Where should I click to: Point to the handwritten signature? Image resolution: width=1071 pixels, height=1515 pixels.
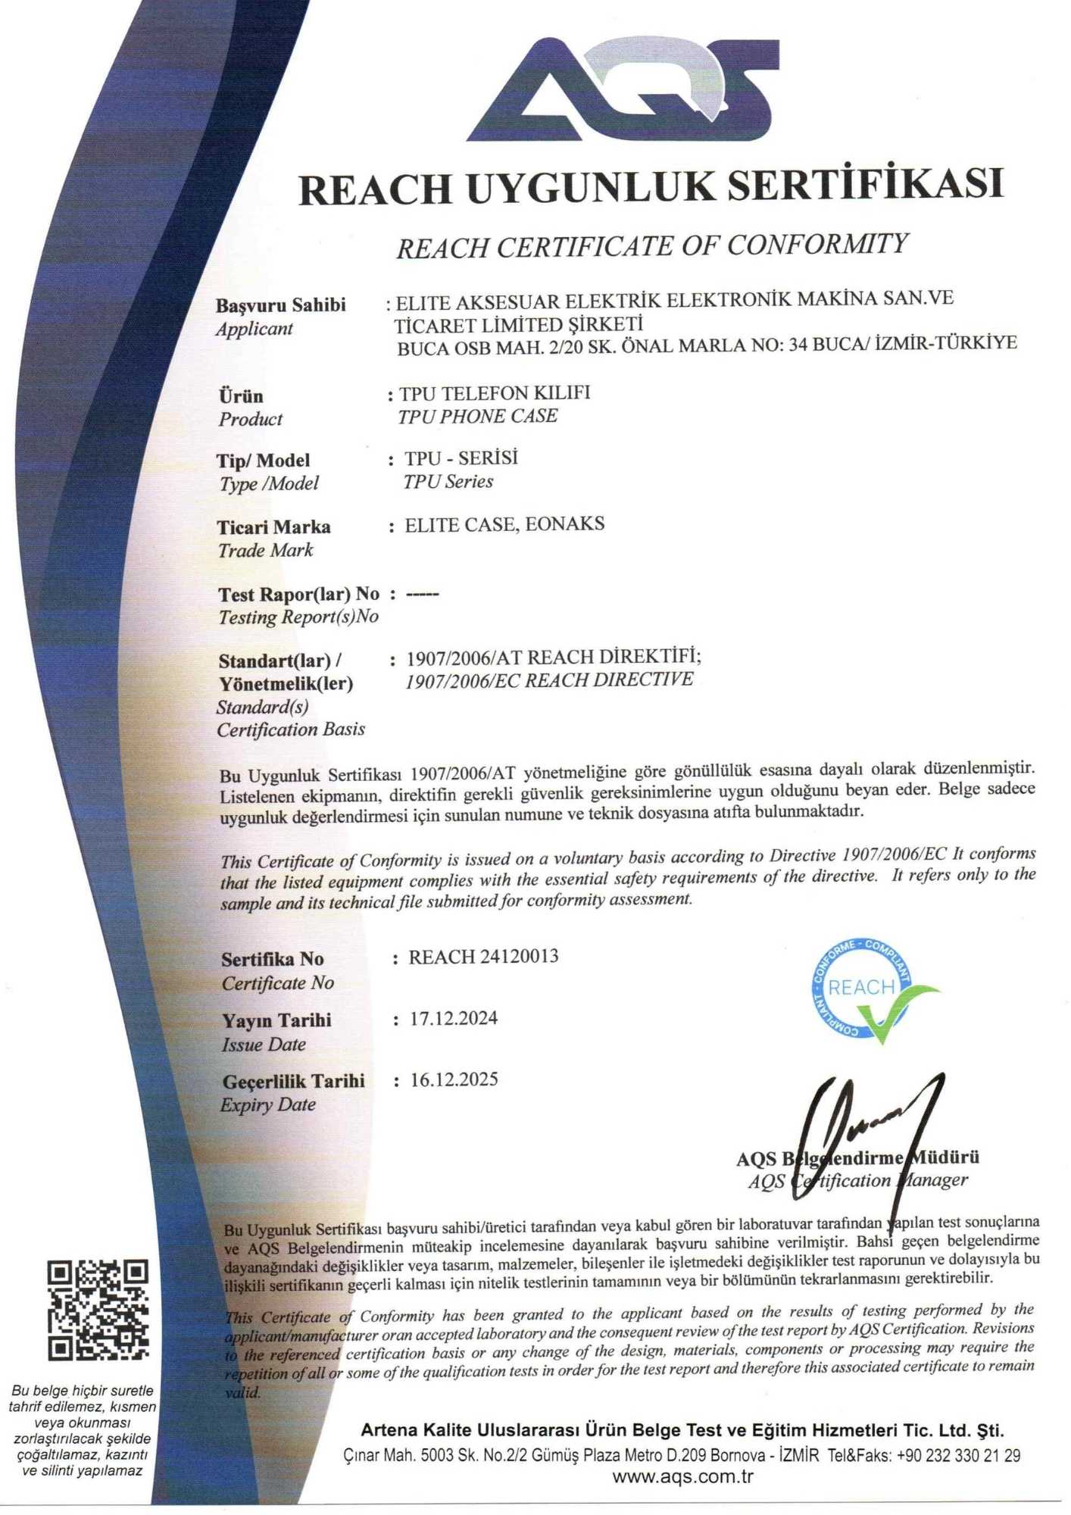871,1136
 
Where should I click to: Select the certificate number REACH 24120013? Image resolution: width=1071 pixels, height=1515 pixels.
483,957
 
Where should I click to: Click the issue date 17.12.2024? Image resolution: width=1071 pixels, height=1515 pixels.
454,1018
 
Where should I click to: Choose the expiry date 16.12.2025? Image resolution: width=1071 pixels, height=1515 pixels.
454,1079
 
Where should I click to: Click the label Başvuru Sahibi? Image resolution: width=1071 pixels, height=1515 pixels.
280,305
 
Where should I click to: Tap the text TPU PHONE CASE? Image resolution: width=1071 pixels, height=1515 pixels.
477,416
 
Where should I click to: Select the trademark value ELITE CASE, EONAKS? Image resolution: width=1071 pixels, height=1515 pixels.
504,524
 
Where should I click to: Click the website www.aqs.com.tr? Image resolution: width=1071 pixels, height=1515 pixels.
682,1476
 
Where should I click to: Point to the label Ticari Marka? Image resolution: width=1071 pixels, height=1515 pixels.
273,527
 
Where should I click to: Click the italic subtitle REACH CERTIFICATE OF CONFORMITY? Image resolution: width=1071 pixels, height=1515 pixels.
651,245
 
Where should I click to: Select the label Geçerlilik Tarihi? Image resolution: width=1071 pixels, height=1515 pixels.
293,1081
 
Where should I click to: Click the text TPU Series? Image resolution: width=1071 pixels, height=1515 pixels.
448,482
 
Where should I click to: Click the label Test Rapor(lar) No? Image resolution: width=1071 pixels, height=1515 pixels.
298,595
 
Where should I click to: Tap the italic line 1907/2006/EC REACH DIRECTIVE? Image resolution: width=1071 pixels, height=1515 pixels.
549,679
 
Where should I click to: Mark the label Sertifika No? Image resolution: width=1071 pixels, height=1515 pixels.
272,960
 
